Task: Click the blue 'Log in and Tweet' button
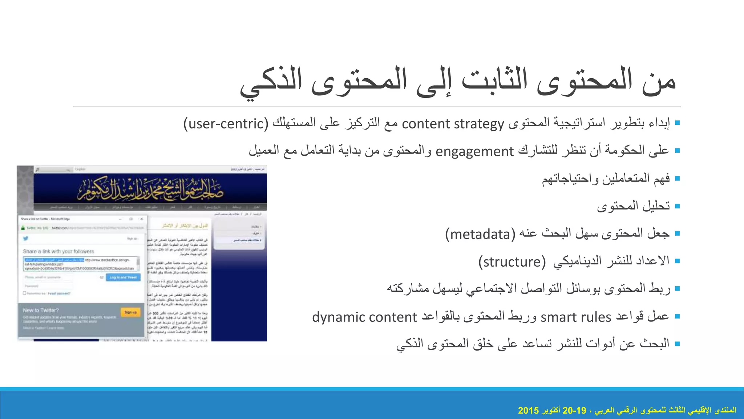(x=123, y=278)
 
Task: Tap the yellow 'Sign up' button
(x=130, y=312)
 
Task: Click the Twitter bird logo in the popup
(x=25, y=239)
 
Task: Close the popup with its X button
(x=142, y=219)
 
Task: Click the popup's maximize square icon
(x=131, y=219)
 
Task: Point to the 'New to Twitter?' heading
(x=41, y=310)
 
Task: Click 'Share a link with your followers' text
(x=58, y=251)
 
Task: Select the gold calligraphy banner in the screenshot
(x=150, y=189)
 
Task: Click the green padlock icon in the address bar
(x=23, y=228)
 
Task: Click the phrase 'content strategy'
(x=453, y=124)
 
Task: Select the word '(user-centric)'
(x=226, y=124)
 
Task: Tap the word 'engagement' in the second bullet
(x=474, y=151)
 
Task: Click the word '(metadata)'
(x=480, y=234)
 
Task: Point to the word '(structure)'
(x=512, y=262)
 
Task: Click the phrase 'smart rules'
(x=576, y=317)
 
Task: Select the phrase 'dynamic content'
(x=364, y=317)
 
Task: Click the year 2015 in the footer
(x=528, y=411)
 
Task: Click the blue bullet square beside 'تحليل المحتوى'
(x=677, y=206)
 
